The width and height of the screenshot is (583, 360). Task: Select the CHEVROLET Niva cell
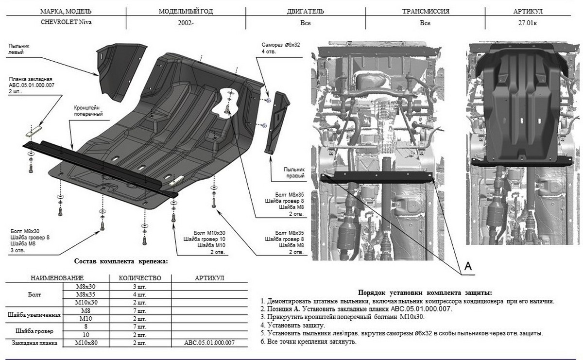pyautogui.click(x=65, y=22)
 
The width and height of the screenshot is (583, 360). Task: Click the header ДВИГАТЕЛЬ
pyautogui.click(x=306, y=11)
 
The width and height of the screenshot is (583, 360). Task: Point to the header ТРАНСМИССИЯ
pyautogui.click(x=426, y=11)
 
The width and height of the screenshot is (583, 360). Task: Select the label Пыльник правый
pyautogui.click(x=295, y=172)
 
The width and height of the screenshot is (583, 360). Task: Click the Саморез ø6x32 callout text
pyautogui.click(x=280, y=48)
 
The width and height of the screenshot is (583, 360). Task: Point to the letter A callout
pyautogui.click(x=468, y=266)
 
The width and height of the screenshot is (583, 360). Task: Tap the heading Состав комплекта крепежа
pyautogui.click(x=121, y=261)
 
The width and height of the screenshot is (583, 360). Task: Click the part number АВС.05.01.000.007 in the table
pyautogui.click(x=209, y=343)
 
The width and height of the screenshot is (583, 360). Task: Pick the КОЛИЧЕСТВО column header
pyautogui.click(x=140, y=278)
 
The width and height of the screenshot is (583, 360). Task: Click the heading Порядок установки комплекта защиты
pyautogui.click(x=425, y=292)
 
